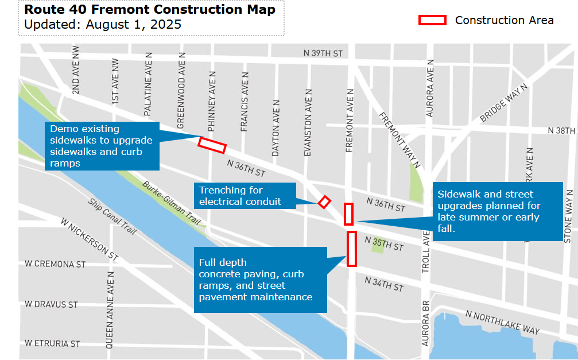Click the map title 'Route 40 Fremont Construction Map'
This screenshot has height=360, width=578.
[150, 10]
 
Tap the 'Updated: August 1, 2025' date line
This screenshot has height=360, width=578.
[103, 25]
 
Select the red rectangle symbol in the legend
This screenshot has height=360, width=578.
[432, 20]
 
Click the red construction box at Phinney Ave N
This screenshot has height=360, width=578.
[212, 145]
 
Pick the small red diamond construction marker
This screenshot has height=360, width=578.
[324, 202]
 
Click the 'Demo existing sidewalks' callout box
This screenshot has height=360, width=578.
[102, 146]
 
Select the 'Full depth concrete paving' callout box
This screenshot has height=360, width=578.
[260, 280]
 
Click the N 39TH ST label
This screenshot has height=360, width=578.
[323, 53]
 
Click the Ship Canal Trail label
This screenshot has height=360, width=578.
[112, 216]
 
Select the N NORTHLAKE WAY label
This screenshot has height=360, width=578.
[503, 322]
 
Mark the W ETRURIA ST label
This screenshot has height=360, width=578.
[52, 343]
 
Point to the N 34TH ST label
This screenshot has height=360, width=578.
[384, 284]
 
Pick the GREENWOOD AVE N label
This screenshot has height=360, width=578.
[181, 90]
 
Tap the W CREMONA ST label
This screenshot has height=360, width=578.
[55, 264]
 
